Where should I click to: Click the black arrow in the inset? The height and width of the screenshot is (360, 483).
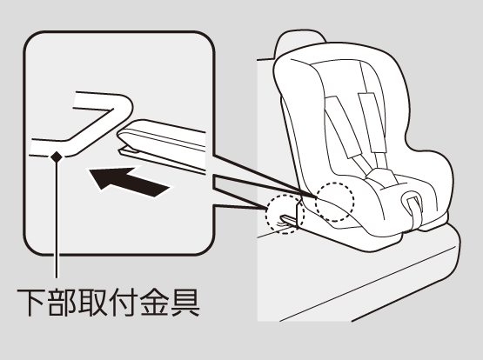[x=130, y=182]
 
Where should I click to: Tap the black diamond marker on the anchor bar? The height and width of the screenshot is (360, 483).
[x=57, y=157]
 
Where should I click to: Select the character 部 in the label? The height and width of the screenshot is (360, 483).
[x=62, y=302]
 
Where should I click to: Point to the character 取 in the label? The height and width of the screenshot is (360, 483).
[x=93, y=302]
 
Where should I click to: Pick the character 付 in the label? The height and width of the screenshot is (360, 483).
[x=123, y=302]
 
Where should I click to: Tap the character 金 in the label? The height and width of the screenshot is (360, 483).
[x=154, y=302]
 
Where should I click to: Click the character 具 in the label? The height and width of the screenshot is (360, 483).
[x=185, y=302]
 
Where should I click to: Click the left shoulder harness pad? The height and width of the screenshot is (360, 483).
[x=343, y=127]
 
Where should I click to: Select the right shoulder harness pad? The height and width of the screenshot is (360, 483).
[x=372, y=122]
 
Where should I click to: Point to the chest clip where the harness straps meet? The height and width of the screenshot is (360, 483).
[x=381, y=178]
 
